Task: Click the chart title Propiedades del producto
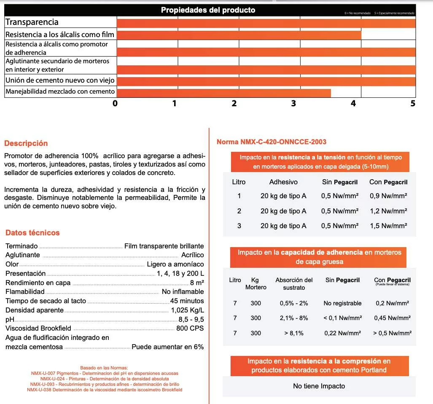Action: pos(208,10)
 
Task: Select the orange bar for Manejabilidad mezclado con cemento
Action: pos(223,93)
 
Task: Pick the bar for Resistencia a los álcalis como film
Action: pos(239,35)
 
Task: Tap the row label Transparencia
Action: pos(32,22)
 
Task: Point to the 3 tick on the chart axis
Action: pos(293,103)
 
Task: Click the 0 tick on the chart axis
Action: pos(115,103)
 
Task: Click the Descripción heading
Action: pos(26,143)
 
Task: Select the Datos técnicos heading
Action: pos(32,233)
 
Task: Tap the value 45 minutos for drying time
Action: pos(187,301)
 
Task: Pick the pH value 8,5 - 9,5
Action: pos(191,319)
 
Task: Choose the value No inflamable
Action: pos(183,292)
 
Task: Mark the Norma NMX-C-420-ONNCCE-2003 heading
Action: pos(272,142)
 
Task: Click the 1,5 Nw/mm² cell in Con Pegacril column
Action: pos(388,226)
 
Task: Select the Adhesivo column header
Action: pos(283,182)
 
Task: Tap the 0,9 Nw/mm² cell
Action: pos(388,196)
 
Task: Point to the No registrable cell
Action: pos(342,303)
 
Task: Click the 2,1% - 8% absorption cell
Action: pos(294,318)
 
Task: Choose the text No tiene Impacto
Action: pos(319,386)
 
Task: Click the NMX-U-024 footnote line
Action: pos(105,379)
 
